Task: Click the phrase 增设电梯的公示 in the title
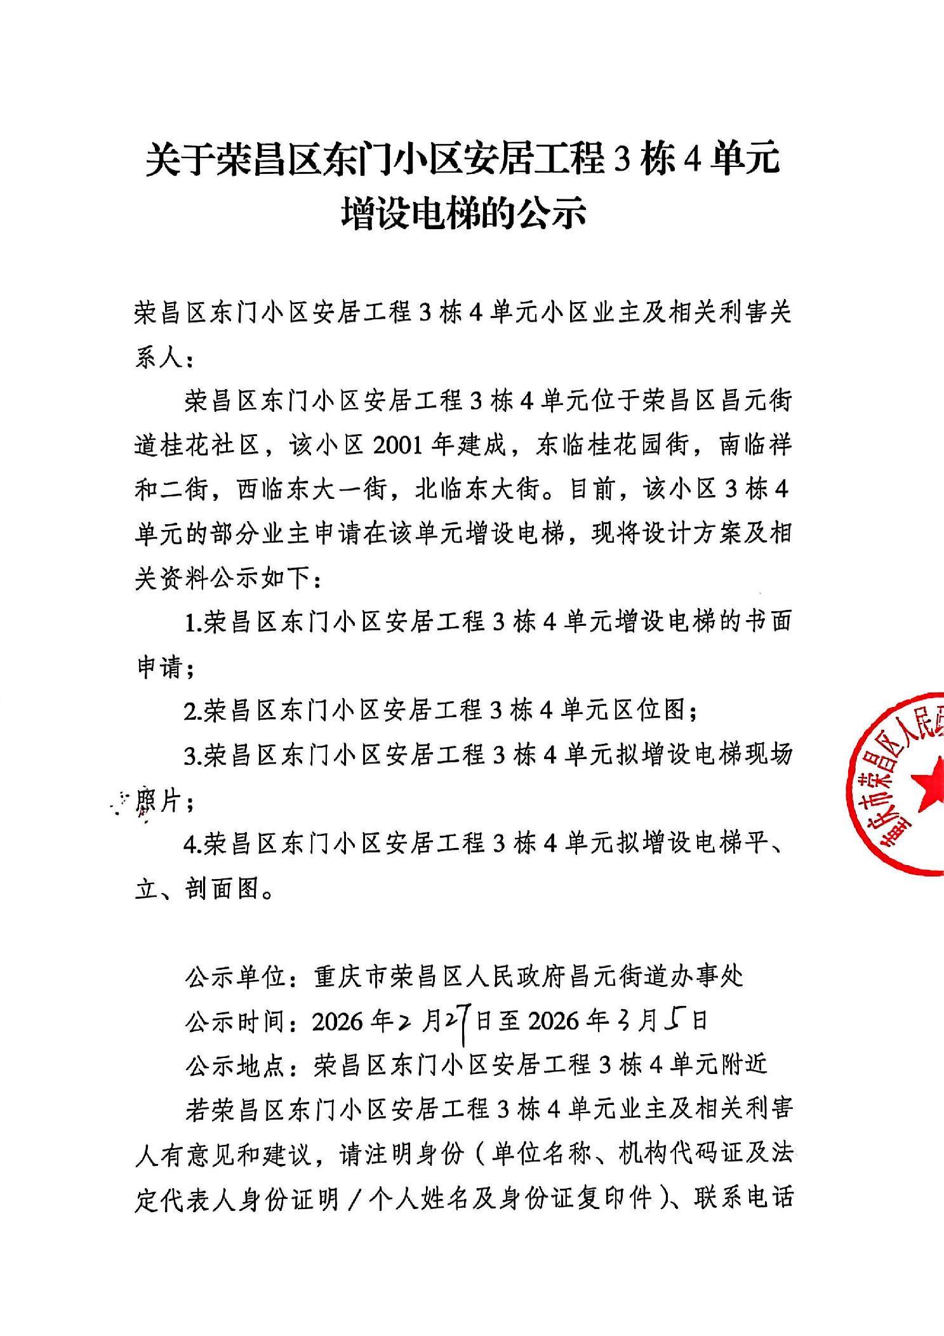pyautogui.click(x=463, y=214)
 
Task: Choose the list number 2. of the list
pyautogui.click(x=192, y=711)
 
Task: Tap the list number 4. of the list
pyautogui.click(x=192, y=845)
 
